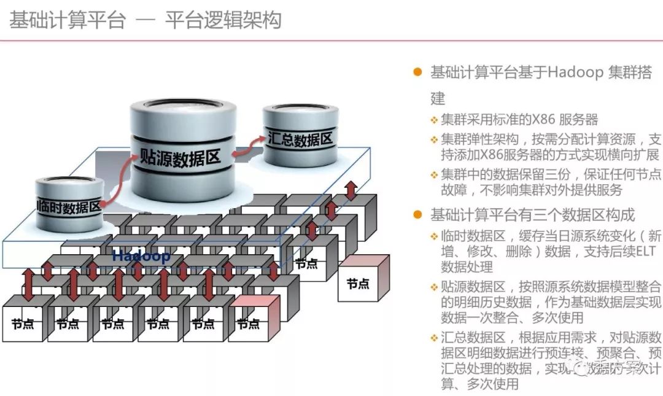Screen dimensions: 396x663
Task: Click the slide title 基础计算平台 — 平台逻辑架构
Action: coord(145,20)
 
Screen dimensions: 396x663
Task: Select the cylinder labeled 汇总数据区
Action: coord(300,139)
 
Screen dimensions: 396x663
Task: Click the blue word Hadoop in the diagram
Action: coord(141,256)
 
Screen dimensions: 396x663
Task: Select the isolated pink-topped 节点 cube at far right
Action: coord(363,279)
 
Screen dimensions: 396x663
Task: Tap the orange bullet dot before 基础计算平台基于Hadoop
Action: coord(418,72)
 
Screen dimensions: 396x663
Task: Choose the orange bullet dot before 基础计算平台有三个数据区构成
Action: coord(418,215)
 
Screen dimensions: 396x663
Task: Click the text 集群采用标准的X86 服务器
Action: coord(519,120)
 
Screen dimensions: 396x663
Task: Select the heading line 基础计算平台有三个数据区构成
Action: coord(532,215)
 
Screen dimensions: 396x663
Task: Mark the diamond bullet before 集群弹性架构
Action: coord(434,139)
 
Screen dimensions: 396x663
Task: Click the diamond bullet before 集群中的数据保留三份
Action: coord(434,174)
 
